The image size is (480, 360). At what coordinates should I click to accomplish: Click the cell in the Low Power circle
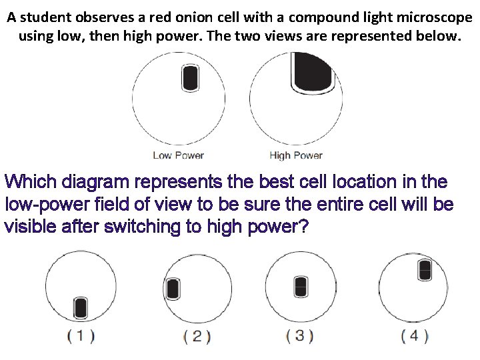pyautogui.click(x=190, y=77)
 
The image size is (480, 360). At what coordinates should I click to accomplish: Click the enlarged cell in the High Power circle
pyautogui.click(x=313, y=71)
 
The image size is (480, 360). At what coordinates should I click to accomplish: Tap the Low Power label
pyautogui.click(x=178, y=155)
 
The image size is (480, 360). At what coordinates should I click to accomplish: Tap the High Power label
pyautogui.click(x=295, y=155)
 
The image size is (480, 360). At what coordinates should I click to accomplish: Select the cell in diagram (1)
pyautogui.click(x=81, y=307)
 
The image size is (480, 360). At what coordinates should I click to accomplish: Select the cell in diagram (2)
pyautogui.click(x=173, y=288)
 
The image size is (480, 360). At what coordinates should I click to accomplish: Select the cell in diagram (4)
pyautogui.click(x=425, y=270)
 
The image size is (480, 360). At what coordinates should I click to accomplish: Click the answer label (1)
pyautogui.click(x=81, y=336)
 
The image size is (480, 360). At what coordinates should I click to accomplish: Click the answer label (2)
pyautogui.click(x=197, y=336)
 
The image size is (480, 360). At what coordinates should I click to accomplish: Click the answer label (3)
pyautogui.click(x=299, y=336)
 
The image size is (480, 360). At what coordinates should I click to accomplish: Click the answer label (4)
pyautogui.click(x=414, y=336)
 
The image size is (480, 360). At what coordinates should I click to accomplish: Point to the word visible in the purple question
pyautogui.click(x=29, y=227)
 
